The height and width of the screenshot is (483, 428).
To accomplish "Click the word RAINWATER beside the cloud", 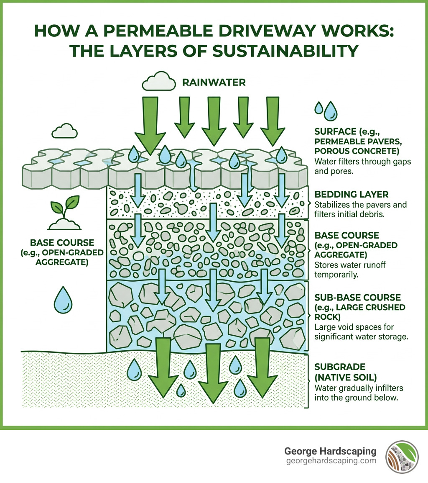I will [214, 83].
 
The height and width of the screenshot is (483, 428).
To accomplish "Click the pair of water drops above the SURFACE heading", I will [326, 110].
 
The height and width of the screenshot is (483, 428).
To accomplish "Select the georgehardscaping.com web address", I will [331, 461].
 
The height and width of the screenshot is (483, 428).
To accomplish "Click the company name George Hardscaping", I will [330, 452].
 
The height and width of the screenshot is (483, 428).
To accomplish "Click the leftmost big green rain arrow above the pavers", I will [148, 123].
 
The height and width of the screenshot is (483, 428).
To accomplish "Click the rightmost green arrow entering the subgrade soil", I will [262, 366].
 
